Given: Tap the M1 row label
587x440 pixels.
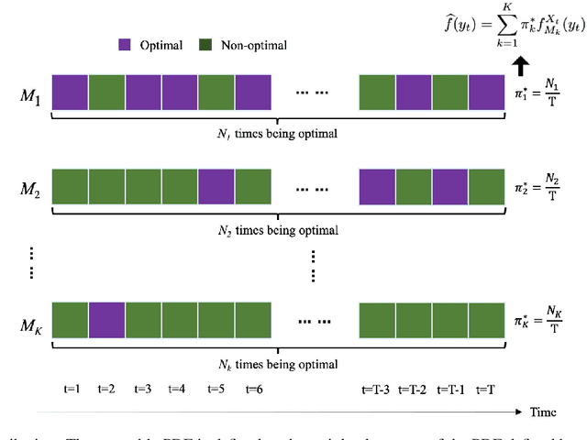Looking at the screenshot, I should click(30, 94).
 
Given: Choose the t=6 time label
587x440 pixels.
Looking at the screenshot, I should click(252, 389).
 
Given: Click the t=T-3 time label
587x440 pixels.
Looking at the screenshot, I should click(376, 389).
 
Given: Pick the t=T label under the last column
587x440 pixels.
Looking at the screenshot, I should click(486, 389).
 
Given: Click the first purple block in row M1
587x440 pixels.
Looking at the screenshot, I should click(70, 93).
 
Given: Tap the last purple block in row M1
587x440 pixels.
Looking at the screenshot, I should click(486, 93).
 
